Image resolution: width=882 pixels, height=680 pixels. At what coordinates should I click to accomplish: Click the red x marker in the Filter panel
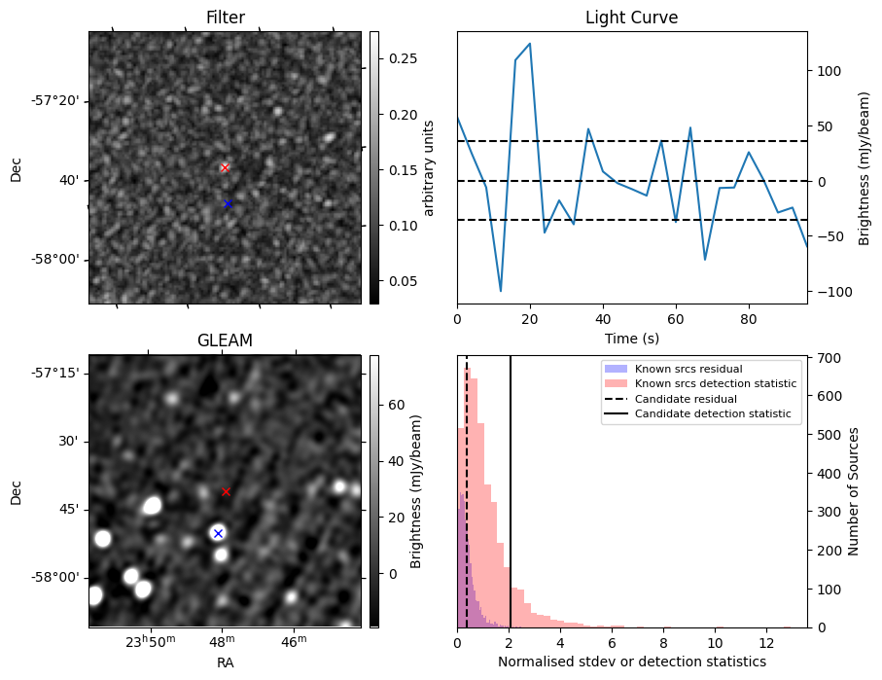(x=225, y=167)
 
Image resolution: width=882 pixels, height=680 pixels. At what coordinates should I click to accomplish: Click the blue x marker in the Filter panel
(x=228, y=203)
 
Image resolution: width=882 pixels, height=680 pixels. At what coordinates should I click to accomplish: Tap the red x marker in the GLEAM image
(x=226, y=491)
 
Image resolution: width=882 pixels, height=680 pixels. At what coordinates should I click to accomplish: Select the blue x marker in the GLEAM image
(x=218, y=533)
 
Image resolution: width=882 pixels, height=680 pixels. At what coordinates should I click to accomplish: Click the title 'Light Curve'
(x=631, y=18)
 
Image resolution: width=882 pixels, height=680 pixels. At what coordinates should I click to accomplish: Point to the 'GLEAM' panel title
(x=225, y=340)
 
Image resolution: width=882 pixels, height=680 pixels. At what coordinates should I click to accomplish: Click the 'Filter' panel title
(x=225, y=18)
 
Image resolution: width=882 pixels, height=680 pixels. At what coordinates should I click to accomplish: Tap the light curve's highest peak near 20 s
(x=530, y=43)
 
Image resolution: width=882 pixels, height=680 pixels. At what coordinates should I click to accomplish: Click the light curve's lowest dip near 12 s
(x=501, y=291)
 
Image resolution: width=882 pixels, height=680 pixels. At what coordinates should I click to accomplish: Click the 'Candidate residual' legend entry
(x=686, y=399)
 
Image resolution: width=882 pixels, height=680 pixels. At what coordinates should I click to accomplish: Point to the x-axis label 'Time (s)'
(x=631, y=339)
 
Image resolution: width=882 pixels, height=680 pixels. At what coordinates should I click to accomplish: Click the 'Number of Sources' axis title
(x=854, y=491)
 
